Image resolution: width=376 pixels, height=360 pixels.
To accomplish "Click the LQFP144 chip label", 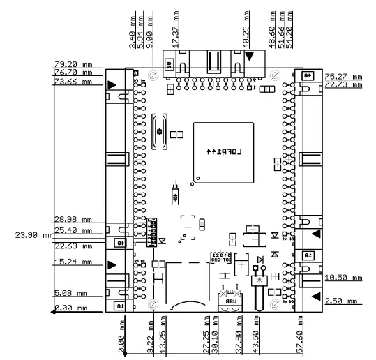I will [x=223, y=151].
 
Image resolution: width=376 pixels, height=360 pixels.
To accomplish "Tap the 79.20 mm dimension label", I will [x=73, y=65].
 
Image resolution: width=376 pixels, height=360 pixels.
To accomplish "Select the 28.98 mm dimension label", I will [x=73, y=219].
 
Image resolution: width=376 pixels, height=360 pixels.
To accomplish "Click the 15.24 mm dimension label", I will [x=73, y=262].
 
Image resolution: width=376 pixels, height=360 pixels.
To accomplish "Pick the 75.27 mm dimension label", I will [x=343, y=77].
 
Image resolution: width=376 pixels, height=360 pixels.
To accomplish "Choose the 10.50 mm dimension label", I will [x=343, y=278].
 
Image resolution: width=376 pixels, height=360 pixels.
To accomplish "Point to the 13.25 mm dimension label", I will [x=163, y=336].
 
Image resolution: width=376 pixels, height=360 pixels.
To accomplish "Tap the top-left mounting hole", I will [x=153, y=74].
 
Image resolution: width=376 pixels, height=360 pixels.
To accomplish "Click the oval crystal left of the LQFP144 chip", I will [x=158, y=131].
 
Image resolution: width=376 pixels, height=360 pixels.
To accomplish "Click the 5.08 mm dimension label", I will [x=73, y=294].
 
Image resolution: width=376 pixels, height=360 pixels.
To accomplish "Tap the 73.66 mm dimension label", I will [x=73, y=82].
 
